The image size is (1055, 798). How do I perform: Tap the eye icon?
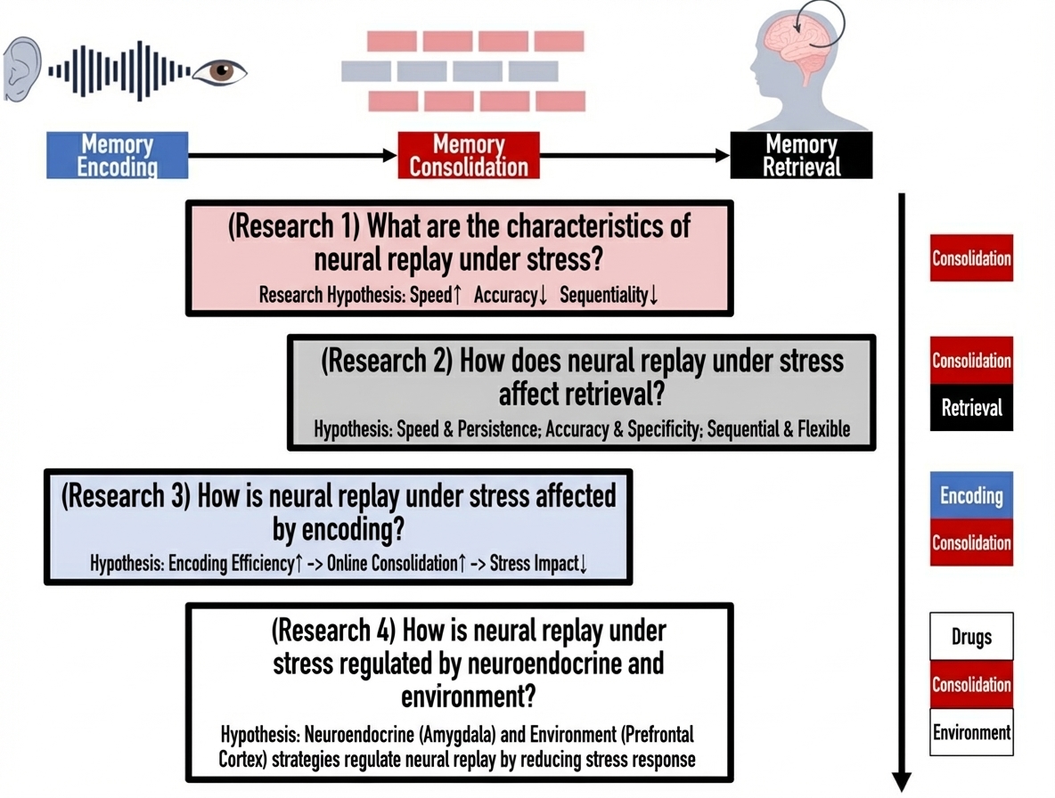click(220, 70)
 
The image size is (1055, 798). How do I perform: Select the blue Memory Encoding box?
click(117, 155)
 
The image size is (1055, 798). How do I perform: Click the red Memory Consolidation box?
click(468, 155)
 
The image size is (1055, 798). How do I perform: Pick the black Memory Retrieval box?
click(801, 155)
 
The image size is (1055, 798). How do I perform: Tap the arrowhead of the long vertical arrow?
click(902, 780)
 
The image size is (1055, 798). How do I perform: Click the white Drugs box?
click(971, 637)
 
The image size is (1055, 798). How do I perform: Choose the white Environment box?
click(971, 733)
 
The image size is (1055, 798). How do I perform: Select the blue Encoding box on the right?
click(971, 495)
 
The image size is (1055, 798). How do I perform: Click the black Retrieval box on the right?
click(971, 408)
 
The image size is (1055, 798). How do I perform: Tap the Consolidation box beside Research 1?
click(971, 258)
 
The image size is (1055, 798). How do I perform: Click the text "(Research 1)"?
click(293, 225)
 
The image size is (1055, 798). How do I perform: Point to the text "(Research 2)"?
click(386, 361)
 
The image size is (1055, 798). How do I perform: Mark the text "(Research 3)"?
click(126, 495)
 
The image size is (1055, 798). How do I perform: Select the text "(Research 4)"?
click(333, 631)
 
